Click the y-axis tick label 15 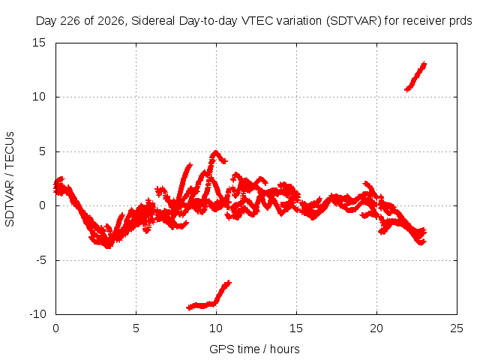[39, 43]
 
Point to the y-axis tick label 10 [39, 97]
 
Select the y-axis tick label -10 [37, 314]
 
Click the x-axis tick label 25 [457, 328]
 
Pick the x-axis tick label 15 [296, 328]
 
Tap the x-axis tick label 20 [376, 328]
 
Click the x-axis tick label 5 [136, 328]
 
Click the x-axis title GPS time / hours [254, 349]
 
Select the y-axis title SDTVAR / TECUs [10, 179]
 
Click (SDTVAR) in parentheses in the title [354, 21]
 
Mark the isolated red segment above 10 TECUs [415, 76]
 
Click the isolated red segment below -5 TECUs [208, 295]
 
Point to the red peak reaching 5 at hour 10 [216, 152]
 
